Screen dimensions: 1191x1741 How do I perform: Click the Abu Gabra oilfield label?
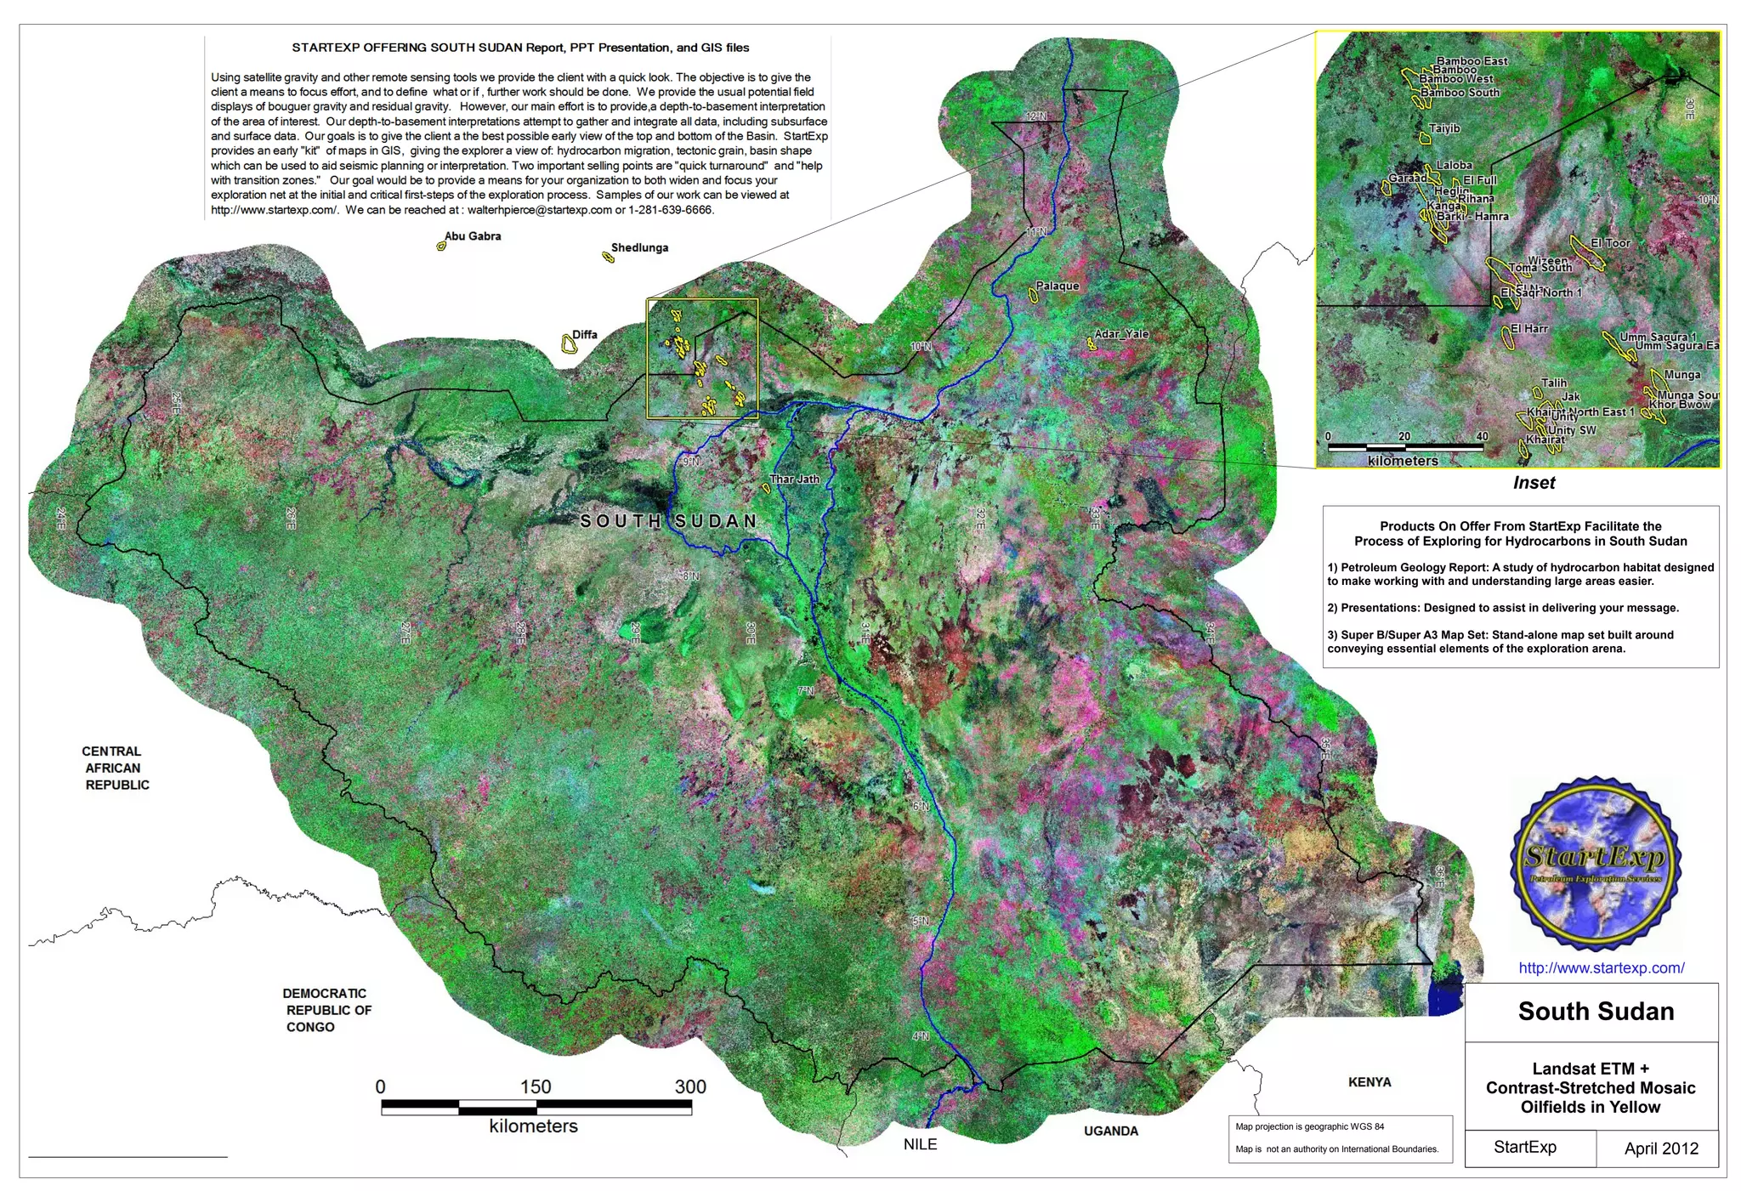473,236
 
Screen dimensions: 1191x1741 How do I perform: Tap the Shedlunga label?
639,248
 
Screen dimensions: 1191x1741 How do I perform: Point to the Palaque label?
1058,286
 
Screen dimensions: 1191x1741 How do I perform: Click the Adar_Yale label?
1121,334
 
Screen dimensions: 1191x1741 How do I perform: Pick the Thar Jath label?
795,479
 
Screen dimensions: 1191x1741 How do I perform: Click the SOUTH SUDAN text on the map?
668,521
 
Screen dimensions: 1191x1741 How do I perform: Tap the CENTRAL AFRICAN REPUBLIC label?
116,768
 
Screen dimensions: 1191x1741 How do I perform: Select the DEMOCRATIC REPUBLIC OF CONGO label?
326,1010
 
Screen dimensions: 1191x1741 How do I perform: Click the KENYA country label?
1370,1082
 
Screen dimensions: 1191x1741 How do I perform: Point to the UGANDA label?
1110,1131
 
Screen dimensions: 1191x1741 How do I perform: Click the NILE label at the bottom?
920,1144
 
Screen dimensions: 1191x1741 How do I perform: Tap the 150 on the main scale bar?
536,1086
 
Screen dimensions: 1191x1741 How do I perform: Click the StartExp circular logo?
1596,863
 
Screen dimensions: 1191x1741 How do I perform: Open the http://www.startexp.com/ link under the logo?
1601,967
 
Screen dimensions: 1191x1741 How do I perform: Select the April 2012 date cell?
1660,1148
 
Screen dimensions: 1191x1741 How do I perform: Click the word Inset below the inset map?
1534,483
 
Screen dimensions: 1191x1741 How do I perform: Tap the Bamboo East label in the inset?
1472,61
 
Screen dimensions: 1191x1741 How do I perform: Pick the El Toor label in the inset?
1610,243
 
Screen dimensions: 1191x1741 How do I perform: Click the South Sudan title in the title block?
1596,1012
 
